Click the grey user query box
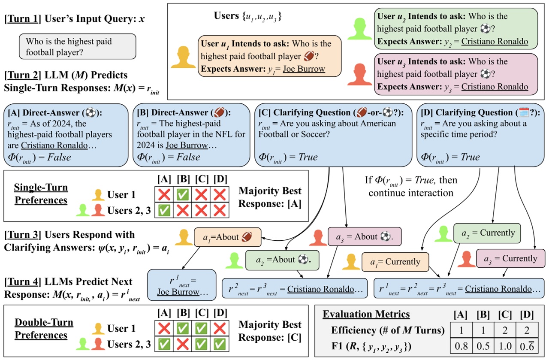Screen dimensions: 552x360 click(77, 46)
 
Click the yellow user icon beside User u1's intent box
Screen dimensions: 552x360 click(183, 57)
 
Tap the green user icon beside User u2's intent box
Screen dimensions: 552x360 click(359, 29)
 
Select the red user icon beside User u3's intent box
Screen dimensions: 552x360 click(359, 74)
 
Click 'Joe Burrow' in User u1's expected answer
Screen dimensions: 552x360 click(304, 69)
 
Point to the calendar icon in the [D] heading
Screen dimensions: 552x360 click(524, 112)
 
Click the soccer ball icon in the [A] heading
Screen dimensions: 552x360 click(90, 113)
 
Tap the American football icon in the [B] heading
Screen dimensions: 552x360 click(219, 112)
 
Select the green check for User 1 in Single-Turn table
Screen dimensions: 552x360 click(183, 194)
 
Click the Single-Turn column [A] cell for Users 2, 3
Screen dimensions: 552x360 click(164, 210)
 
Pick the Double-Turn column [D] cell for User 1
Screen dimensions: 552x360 click(220, 328)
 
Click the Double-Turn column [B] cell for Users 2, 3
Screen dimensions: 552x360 click(183, 344)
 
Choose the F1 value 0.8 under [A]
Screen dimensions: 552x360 click(461, 346)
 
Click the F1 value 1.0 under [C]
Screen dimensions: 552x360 click(505, 346)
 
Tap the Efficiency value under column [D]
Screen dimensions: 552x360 click(527, 330)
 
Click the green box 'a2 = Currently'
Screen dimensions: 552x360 click(487, 233)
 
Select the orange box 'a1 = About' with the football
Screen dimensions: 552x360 click(228, 237)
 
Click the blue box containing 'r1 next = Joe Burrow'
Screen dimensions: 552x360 click(182, 285)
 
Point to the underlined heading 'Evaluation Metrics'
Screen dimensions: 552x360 click(366, 315)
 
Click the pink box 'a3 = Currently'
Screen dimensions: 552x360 click(510, 258)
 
